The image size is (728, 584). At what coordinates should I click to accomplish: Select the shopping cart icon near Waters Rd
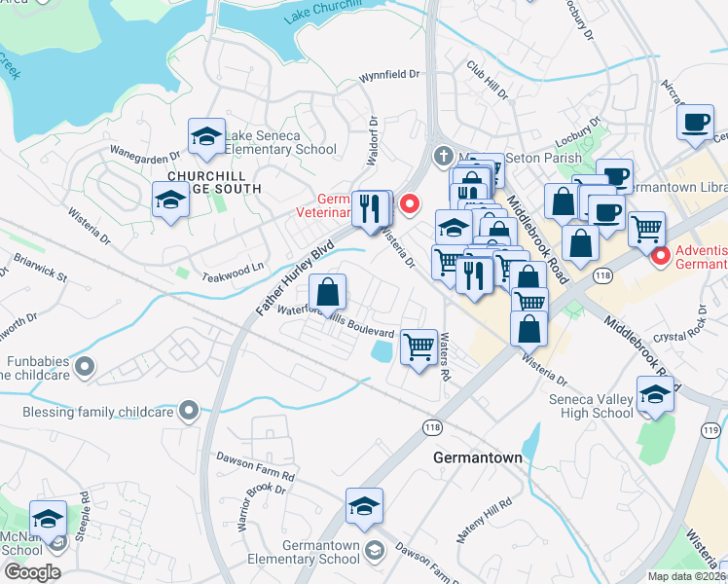click(419, 346)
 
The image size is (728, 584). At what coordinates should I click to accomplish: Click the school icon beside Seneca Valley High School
click(655, 395)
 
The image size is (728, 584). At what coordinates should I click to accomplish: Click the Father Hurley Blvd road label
click(296, 274)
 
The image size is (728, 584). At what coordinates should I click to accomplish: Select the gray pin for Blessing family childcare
click(190, 411)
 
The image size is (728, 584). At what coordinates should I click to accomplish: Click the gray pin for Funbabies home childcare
click(85, 366)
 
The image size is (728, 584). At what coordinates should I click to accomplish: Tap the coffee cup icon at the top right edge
click(695, 122)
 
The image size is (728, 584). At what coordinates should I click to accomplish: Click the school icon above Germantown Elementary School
click(364, 506)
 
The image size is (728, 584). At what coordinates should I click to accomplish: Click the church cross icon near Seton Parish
click(443, 156)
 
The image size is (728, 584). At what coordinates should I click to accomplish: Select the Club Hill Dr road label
click(488, 82)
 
